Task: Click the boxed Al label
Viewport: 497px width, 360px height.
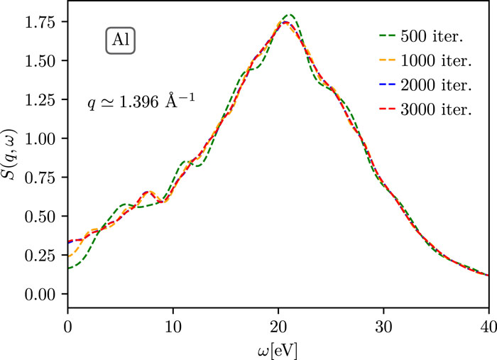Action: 120,41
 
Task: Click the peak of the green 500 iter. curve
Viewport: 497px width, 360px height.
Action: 289,15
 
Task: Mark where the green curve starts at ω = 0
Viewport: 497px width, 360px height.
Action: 68,268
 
